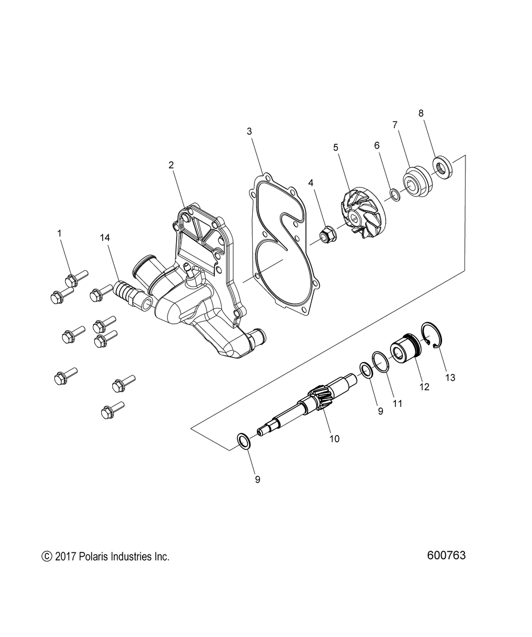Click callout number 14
pyautogui.click(x=105, y=237)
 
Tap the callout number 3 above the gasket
pyautogui.click(x=249, y=131)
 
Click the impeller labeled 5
pyautogui.click(x=358, y=213)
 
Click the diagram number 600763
pyautogui.click(x=446, y=555)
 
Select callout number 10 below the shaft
pyautogui.click(x=335, y=439)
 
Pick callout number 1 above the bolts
pyautogui.click(x=59, y=233)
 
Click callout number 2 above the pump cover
pyautogui.click(x=171, y=165)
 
